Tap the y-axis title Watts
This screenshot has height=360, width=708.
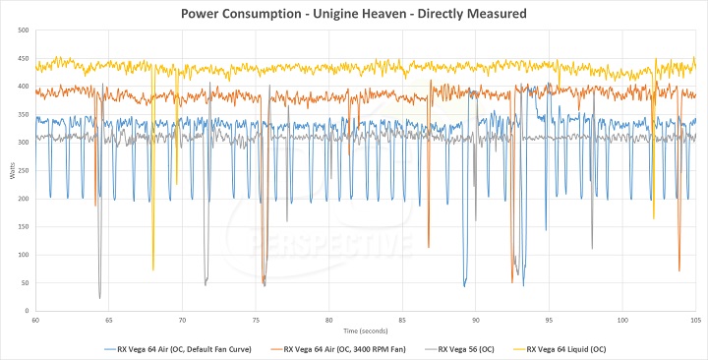[11, 171]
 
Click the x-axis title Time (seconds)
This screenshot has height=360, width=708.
[365, 330]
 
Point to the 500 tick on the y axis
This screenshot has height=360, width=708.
[25, 30]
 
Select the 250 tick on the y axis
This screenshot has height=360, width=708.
[25, 171]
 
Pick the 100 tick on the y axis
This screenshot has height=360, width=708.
[25, 255]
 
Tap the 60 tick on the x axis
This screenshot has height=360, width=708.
[35, 321]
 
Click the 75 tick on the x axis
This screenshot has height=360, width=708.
[256, 321]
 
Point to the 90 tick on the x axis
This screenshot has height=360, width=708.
[475, 321]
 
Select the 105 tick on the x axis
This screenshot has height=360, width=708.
[694, 321]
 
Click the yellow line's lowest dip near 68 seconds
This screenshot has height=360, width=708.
[152, 270]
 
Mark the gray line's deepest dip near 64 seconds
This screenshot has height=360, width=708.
[99, 297]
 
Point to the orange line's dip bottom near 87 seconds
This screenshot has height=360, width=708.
[429, 247]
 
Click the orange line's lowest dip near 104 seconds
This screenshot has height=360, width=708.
[678, 270]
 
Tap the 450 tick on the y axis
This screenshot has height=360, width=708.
[25, 59]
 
